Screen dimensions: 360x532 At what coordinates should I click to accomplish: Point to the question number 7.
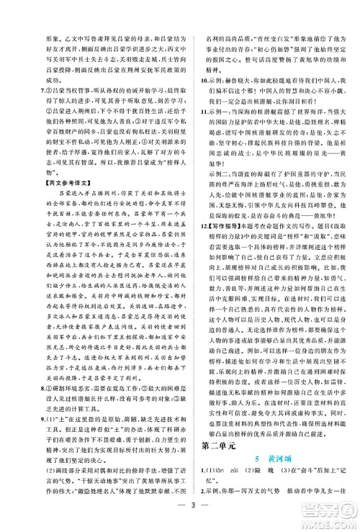pyautogui.click(x=23, y=93)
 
